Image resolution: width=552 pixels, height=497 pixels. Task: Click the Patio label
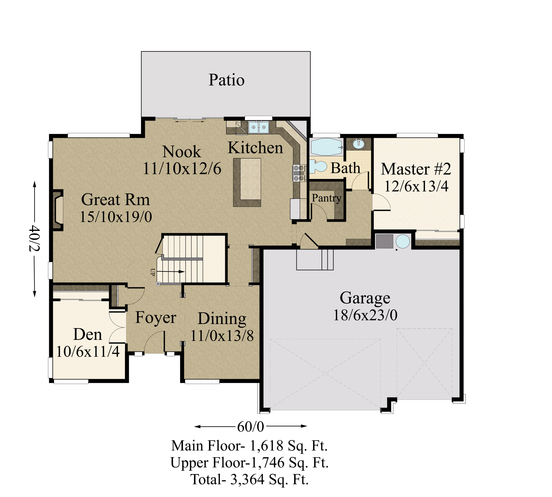226,80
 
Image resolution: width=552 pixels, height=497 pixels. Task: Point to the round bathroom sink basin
358,144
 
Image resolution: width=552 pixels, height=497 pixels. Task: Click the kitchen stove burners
299,173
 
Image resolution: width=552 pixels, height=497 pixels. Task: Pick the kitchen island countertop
247,182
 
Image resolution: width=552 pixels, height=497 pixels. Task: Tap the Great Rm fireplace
58,210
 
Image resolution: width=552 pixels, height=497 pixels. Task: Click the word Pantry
326,198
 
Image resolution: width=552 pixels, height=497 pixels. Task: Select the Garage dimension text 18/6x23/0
365,315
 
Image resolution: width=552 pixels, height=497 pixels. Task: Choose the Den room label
88,335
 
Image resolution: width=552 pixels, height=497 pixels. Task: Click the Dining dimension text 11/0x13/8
222,336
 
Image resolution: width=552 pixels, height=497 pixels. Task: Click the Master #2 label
416,169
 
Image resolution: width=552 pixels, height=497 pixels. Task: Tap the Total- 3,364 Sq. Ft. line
249,480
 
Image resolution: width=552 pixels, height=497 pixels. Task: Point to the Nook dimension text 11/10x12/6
182,168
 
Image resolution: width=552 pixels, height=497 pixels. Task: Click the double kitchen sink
259,127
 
